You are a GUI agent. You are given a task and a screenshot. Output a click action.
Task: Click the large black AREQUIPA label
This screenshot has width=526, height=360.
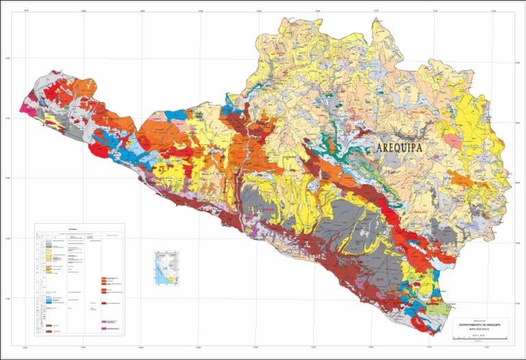click(409, 148)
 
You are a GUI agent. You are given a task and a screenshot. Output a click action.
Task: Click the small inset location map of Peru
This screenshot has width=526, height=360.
click(167, 268)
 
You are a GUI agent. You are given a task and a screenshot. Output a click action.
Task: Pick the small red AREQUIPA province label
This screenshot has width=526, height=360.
click(420, 213)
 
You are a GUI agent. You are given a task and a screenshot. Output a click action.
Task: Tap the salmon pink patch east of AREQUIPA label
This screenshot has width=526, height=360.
click(453, 140)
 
